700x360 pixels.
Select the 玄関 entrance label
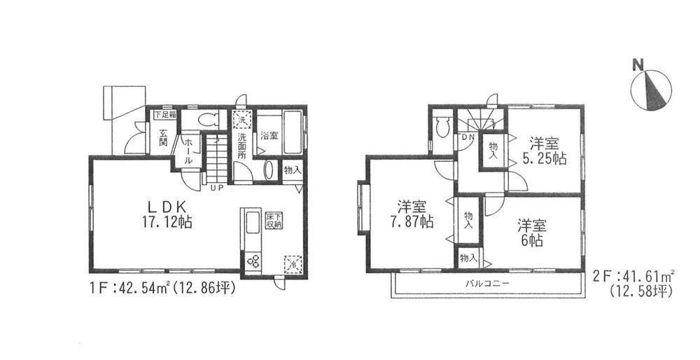click(162, 138)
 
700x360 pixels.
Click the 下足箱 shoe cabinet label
click(165, 114)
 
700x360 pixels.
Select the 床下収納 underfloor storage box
click(273, 221)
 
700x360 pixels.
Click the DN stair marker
click(467, 138)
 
